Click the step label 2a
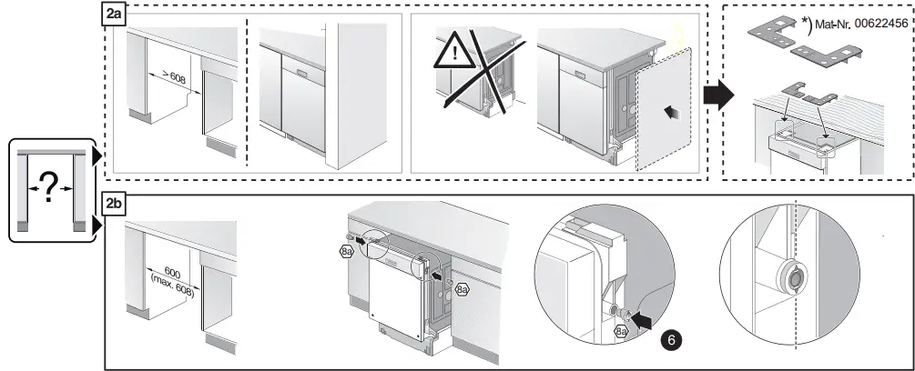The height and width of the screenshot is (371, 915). click(x=114, y=15)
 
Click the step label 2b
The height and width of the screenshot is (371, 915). click(x=114, y=203)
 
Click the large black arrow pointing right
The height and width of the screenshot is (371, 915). click(x=719, y=94)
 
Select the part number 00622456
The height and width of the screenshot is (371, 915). click(x=878, y=25)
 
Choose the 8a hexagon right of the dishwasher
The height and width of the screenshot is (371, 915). click(x=462, y=288)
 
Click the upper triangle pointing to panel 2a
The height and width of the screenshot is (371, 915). click(x=98, y=157)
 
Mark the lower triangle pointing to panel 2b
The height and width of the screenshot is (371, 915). click(x=98, y=225)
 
